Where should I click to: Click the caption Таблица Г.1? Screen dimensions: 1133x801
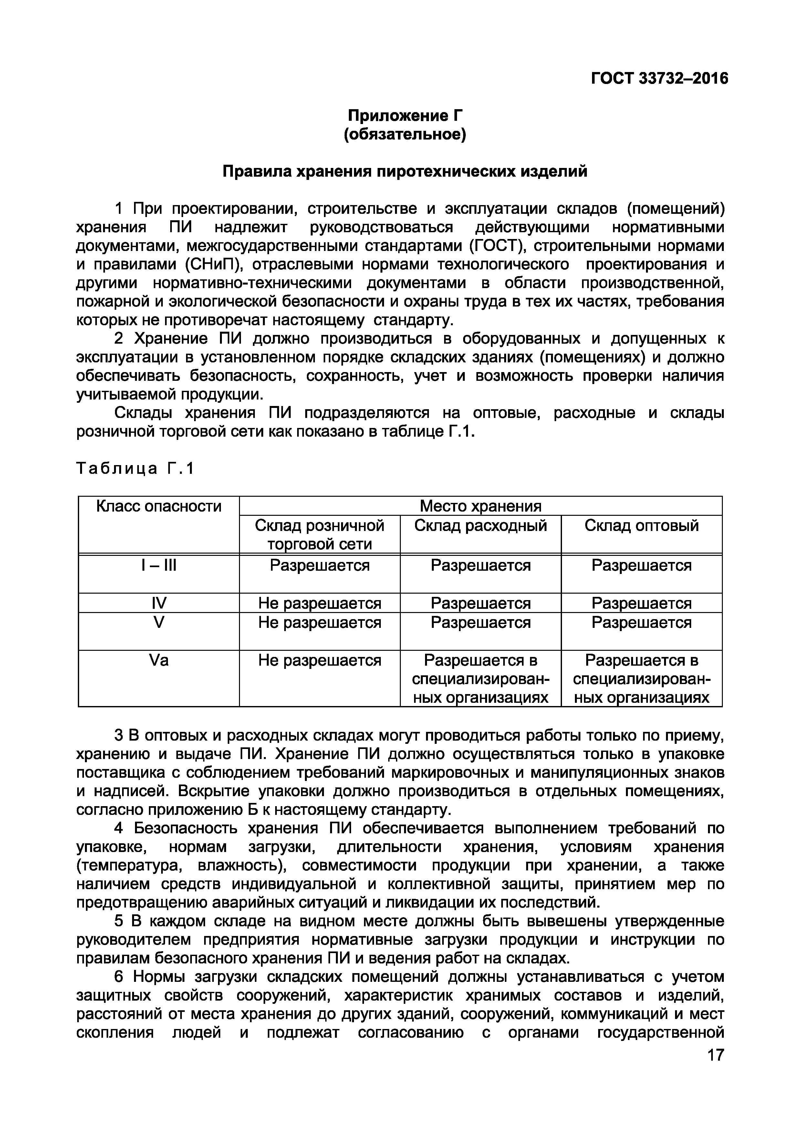[135, 468]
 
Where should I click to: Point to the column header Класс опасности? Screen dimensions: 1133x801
[158, 506]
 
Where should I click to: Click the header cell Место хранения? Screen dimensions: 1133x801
[480, 506]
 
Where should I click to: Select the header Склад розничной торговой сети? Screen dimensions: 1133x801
[319, 535]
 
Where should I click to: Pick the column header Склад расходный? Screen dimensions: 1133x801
[480, 525]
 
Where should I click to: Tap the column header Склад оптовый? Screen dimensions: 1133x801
[641, 525]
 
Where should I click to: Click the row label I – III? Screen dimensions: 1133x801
[158, 565]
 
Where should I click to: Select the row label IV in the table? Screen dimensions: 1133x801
[158, 603]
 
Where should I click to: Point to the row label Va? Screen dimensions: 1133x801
[158, 660]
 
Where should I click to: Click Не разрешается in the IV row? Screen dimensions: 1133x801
[319, 603]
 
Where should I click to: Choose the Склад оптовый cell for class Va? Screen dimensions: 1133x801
[641, 679]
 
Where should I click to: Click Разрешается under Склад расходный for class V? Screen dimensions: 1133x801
[480, 622]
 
